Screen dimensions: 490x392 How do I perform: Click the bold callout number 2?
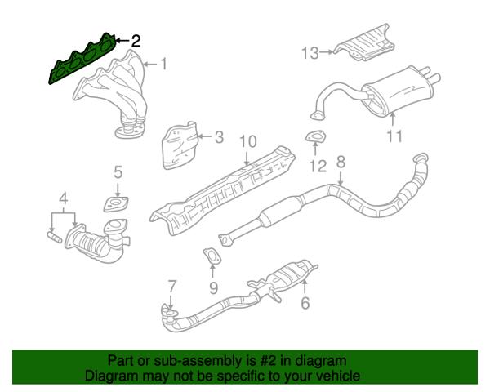[136, 41]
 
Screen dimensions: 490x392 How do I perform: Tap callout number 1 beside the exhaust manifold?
[163, 64]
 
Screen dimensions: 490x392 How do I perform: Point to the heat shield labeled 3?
[180, 145]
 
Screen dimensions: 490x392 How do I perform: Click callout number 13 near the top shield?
[310, 53]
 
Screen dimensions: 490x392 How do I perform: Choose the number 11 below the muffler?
[394, 136]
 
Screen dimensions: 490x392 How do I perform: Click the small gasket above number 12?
[315, 137]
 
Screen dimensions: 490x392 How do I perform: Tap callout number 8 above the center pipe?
[341, 162]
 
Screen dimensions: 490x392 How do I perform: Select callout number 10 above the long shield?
[247, 141]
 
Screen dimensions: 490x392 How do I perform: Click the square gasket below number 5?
[116, 204]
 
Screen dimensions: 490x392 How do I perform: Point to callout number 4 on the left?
[64, 198]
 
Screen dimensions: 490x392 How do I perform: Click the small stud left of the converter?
[55, 236]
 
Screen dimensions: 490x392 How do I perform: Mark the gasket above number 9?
[212, 256]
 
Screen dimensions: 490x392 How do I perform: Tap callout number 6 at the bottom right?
[305, 303]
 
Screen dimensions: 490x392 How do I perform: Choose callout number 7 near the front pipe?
[172, 287]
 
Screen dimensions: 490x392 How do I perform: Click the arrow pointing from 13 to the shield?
[327, 52]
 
